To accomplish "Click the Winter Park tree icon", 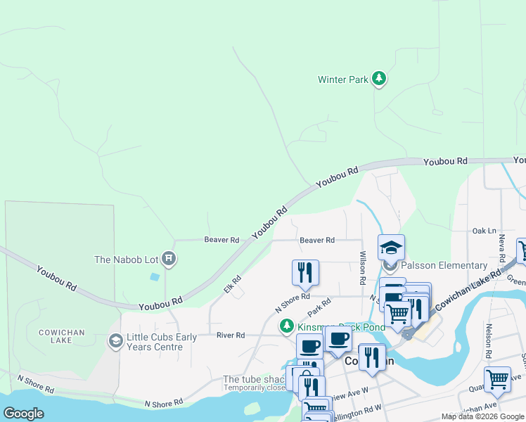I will [x=380, y=79].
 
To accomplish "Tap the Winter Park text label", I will [x=342, y=79].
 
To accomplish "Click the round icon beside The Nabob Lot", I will [x=169, y=260].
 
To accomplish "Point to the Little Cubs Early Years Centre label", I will [x=162, y=342].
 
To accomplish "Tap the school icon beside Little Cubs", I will [x=115, y=342].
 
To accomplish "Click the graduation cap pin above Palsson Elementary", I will [x=391, y=248].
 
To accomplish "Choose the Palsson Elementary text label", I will [x=444, y=266].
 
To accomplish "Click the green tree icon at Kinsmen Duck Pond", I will [x=286, y=326].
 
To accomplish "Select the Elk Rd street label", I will [x=232, y=284].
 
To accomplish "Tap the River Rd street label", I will [x=231, y=335].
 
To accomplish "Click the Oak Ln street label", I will [x=484, y=231].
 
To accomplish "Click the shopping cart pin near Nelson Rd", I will [x=497, y=379].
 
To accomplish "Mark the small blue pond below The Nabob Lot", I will [x=154, y=276].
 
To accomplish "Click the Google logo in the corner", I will [x=23, y=414].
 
